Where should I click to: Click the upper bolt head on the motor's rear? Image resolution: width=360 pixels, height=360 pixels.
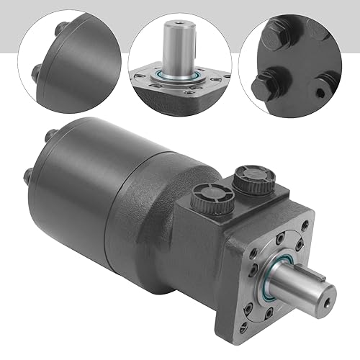click(50, 133)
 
